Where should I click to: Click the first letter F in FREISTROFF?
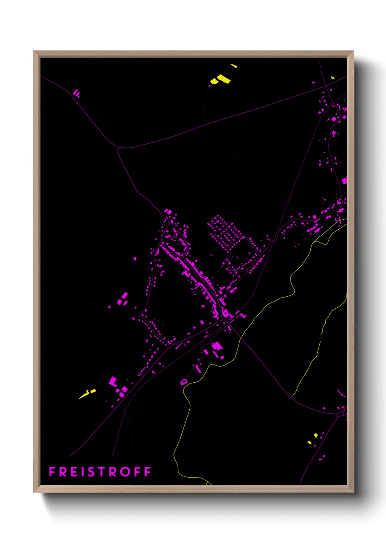pyautogui.click(x=52, y=472)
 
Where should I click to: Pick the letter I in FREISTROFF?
pyautogui.click(x=82, y=472)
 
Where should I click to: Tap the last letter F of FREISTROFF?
pyautogui.click(x=147, y=472)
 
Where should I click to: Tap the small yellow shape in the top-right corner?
pyautogui.click(x=332, y=77)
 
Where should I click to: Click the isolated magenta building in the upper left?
pyautogui.click(x=76, y=93)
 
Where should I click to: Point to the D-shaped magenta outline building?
pyautogui.click(x=184, y=382)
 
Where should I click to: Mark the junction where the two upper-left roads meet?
pyautogui.click(x=119, y=147)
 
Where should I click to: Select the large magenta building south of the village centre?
pyautogui.click(x=217, y=346)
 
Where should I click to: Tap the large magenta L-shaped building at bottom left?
pyautogui.click(x=113, y=382)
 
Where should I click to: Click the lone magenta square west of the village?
pyautogui.click(x=135, y=259)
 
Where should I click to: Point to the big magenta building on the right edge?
pyautogui.click(x=344, y=180)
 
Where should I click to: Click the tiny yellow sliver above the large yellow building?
pyautogui.click(x=234, y=66)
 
